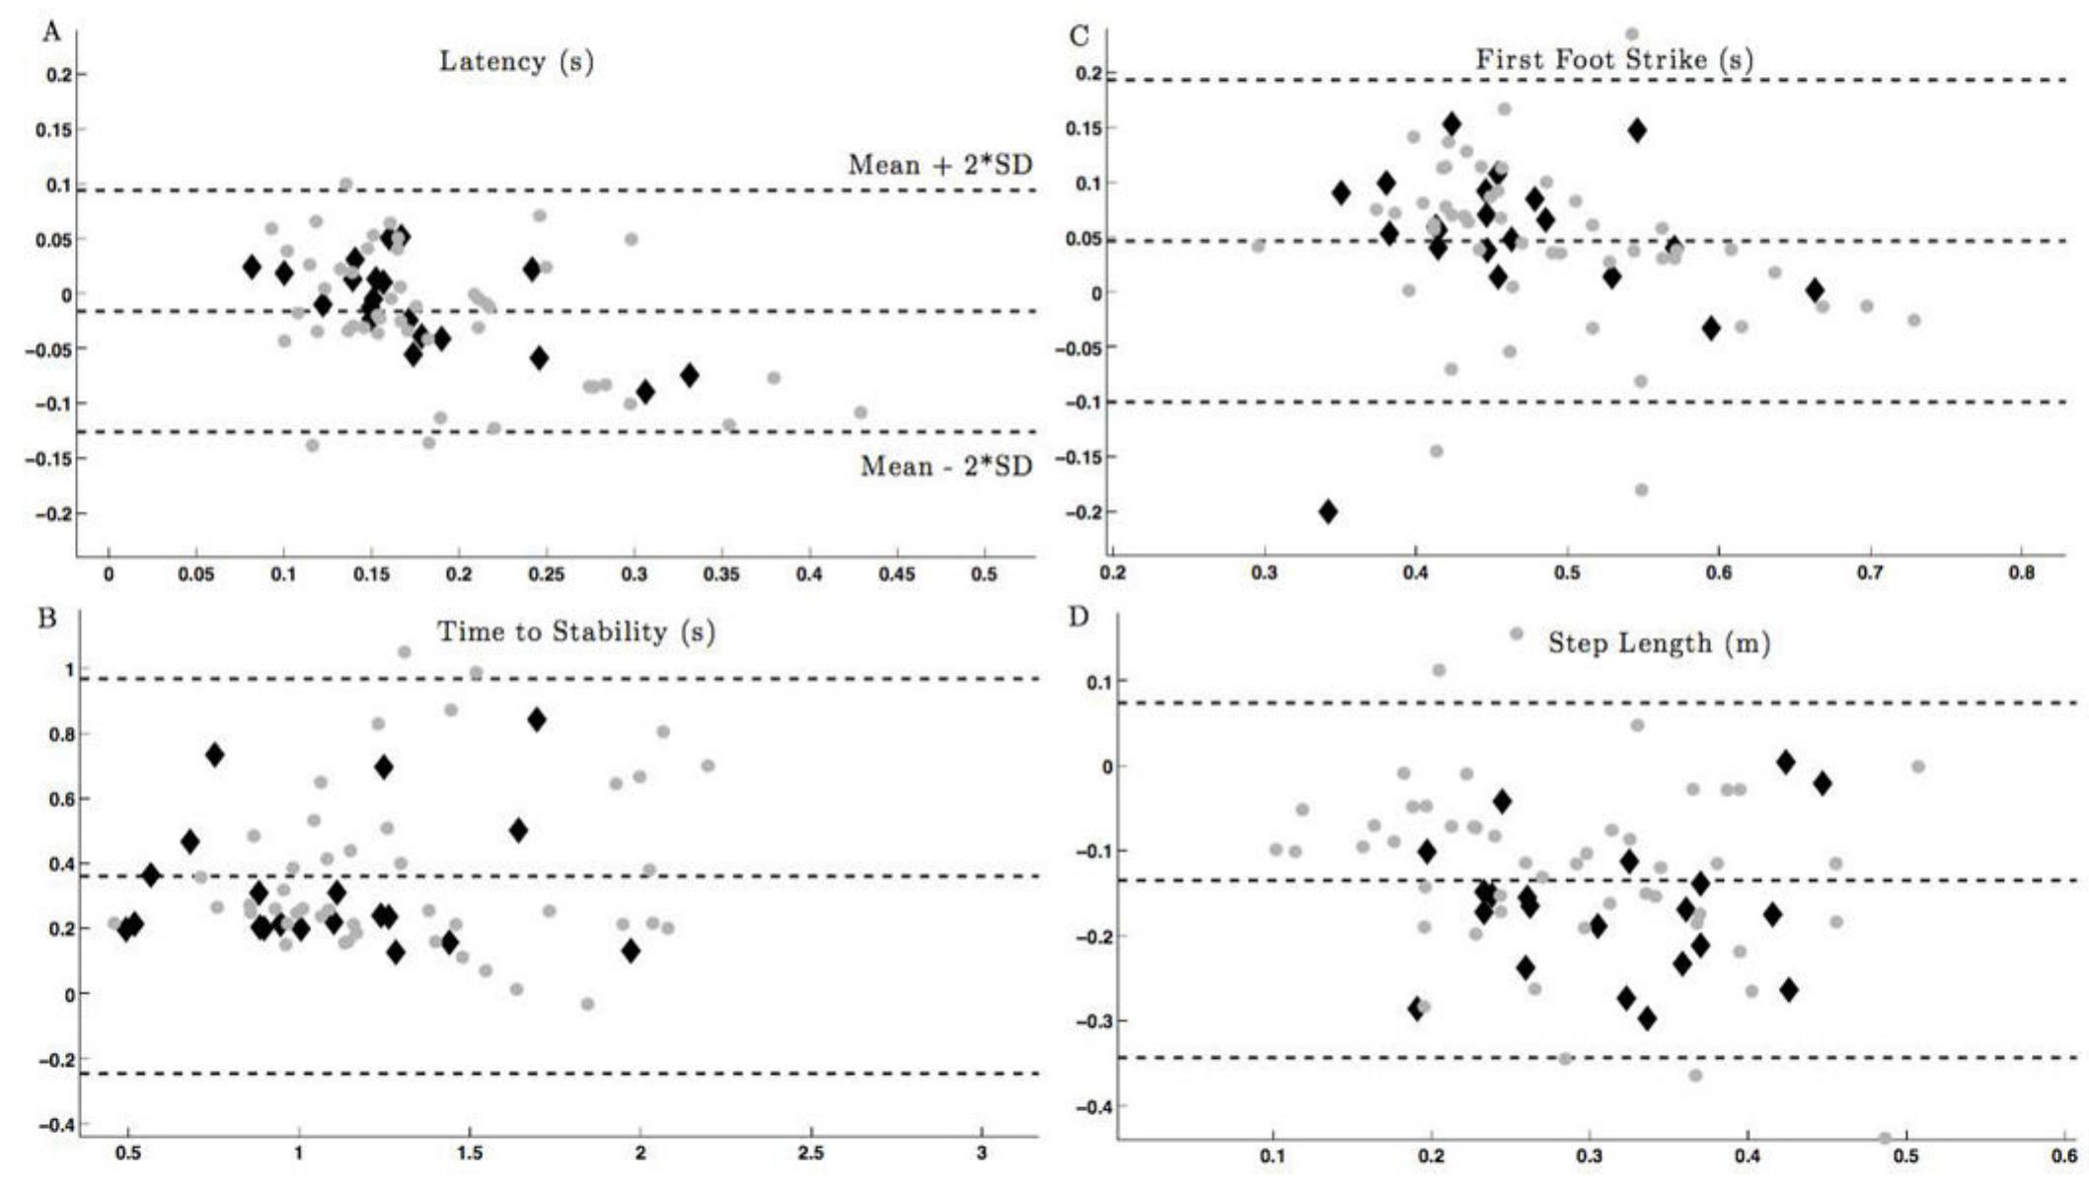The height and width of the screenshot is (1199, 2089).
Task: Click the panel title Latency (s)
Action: (516, 61)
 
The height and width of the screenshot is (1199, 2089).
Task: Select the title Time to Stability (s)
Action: (575, 632)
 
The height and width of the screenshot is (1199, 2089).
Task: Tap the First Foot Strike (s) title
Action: (1613, 59)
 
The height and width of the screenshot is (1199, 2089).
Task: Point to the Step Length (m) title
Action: (1658, 643)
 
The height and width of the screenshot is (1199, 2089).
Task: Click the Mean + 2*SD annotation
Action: (940, 165)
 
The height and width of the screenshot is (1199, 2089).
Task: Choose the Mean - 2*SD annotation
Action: (945, 466)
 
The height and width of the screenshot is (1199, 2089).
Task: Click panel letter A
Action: (51, 33)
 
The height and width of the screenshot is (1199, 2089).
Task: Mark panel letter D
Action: (1079, 617)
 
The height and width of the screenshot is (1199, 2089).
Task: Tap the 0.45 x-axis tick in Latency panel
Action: (897, 575)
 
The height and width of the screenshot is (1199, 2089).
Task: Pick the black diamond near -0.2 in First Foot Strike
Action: (1328, 511)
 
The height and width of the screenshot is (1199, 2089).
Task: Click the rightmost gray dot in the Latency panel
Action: (860, 412)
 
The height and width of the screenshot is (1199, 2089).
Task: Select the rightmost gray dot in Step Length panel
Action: (1918, 767)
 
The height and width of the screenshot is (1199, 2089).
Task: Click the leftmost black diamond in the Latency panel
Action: (252, 266)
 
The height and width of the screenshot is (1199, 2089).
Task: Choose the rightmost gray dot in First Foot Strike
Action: (1914, 320)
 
